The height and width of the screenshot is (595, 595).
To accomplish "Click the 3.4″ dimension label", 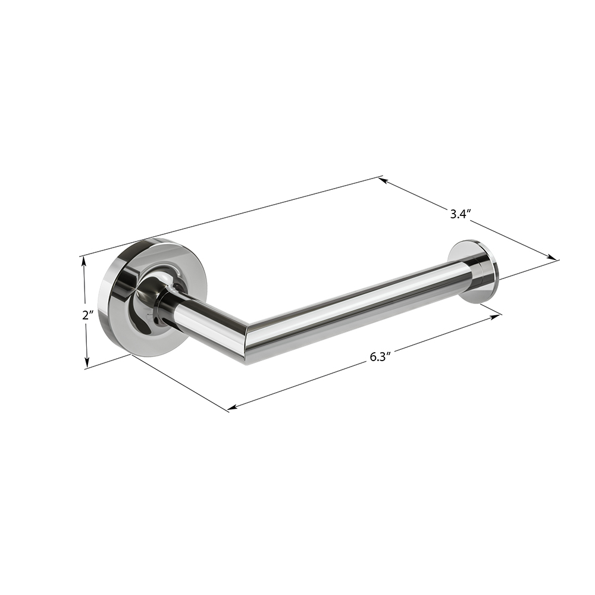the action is pyautogui.click(x=461, y=214).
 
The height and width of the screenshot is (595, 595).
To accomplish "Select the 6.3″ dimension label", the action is pyautogui.click(x=380, y=357).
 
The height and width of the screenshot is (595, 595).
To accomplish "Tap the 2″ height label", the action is pyautogui.click(x=89, y=315).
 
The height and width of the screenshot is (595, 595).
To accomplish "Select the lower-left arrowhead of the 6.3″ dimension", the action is pyautogui.click(x=232, y=407).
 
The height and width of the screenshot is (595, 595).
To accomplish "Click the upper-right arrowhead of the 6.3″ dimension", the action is pyautogui.click(x=496, y=316).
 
